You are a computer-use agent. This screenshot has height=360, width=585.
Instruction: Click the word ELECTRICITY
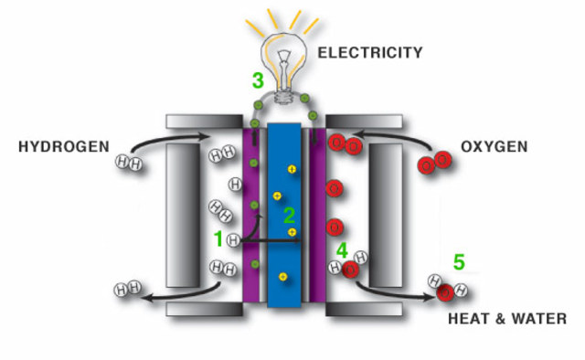click(369, 53)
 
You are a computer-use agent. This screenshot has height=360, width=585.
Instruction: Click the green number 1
click(218, 239)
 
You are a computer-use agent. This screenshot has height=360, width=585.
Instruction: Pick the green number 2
click(289, 216)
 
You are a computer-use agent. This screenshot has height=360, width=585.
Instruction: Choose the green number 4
click(341, 249)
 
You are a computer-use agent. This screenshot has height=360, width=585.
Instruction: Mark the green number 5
click(458, 263)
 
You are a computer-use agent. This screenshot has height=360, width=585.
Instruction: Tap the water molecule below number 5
click(446, 290)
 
